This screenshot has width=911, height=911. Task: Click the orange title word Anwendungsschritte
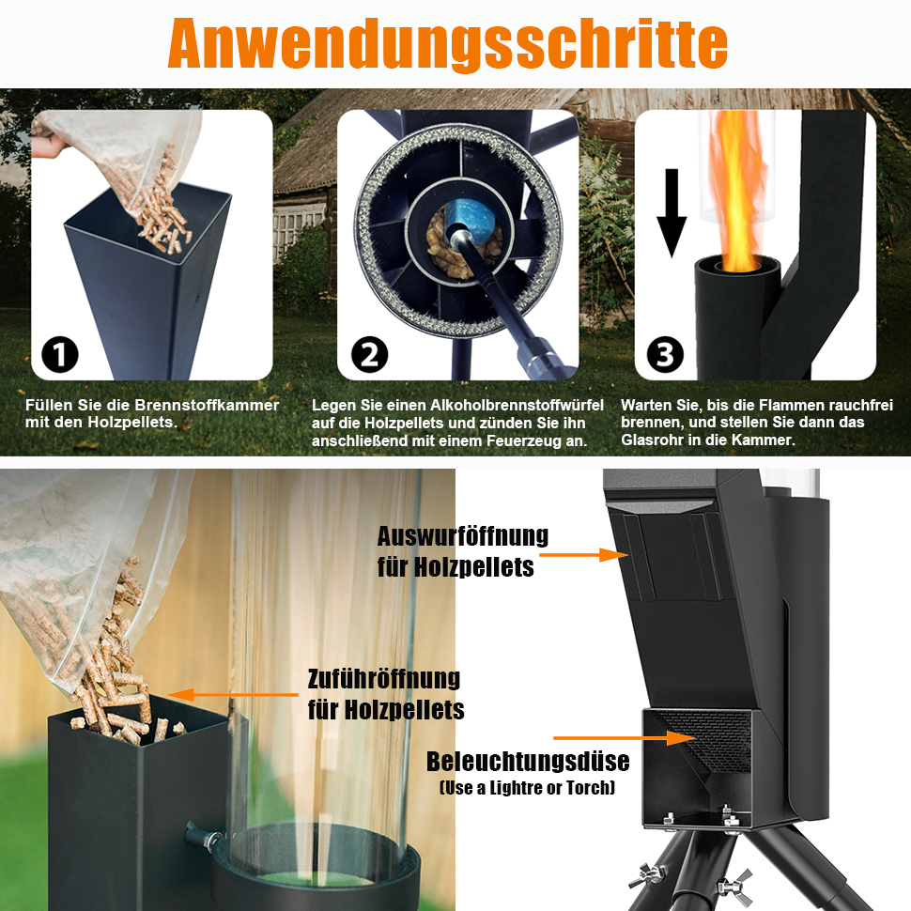(447, 44)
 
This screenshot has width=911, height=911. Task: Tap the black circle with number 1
(60, 354)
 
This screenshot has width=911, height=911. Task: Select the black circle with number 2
(369, 354)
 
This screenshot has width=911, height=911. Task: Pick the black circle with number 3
(665, 354)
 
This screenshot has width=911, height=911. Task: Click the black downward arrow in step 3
(672, 212)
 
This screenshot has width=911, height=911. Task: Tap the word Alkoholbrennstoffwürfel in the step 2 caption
(517, 405)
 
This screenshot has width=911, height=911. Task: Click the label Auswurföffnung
(462, 535)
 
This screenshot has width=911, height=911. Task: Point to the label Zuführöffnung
(383, 679)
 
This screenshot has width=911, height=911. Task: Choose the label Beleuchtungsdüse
(528, 762)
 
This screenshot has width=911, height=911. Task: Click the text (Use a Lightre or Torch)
(528, 788)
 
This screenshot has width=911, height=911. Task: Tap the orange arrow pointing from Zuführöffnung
(233, 694)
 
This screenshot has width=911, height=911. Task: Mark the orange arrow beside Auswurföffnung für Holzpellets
(583, 555)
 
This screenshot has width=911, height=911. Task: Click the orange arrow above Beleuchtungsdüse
(625, 738)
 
